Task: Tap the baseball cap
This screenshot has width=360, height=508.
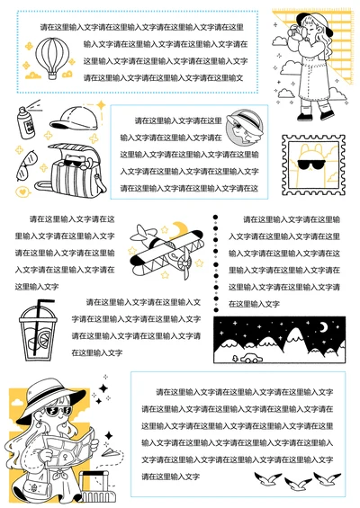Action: click(70, 118)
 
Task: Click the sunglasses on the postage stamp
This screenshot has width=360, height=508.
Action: click(311, 165)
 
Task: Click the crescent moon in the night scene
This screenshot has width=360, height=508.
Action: click(324, 327)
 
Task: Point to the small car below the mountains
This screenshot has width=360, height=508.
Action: click(247, 358)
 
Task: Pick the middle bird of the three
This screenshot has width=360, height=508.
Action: click(293, 483)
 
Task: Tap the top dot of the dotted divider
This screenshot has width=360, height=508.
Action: click(215, 218)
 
